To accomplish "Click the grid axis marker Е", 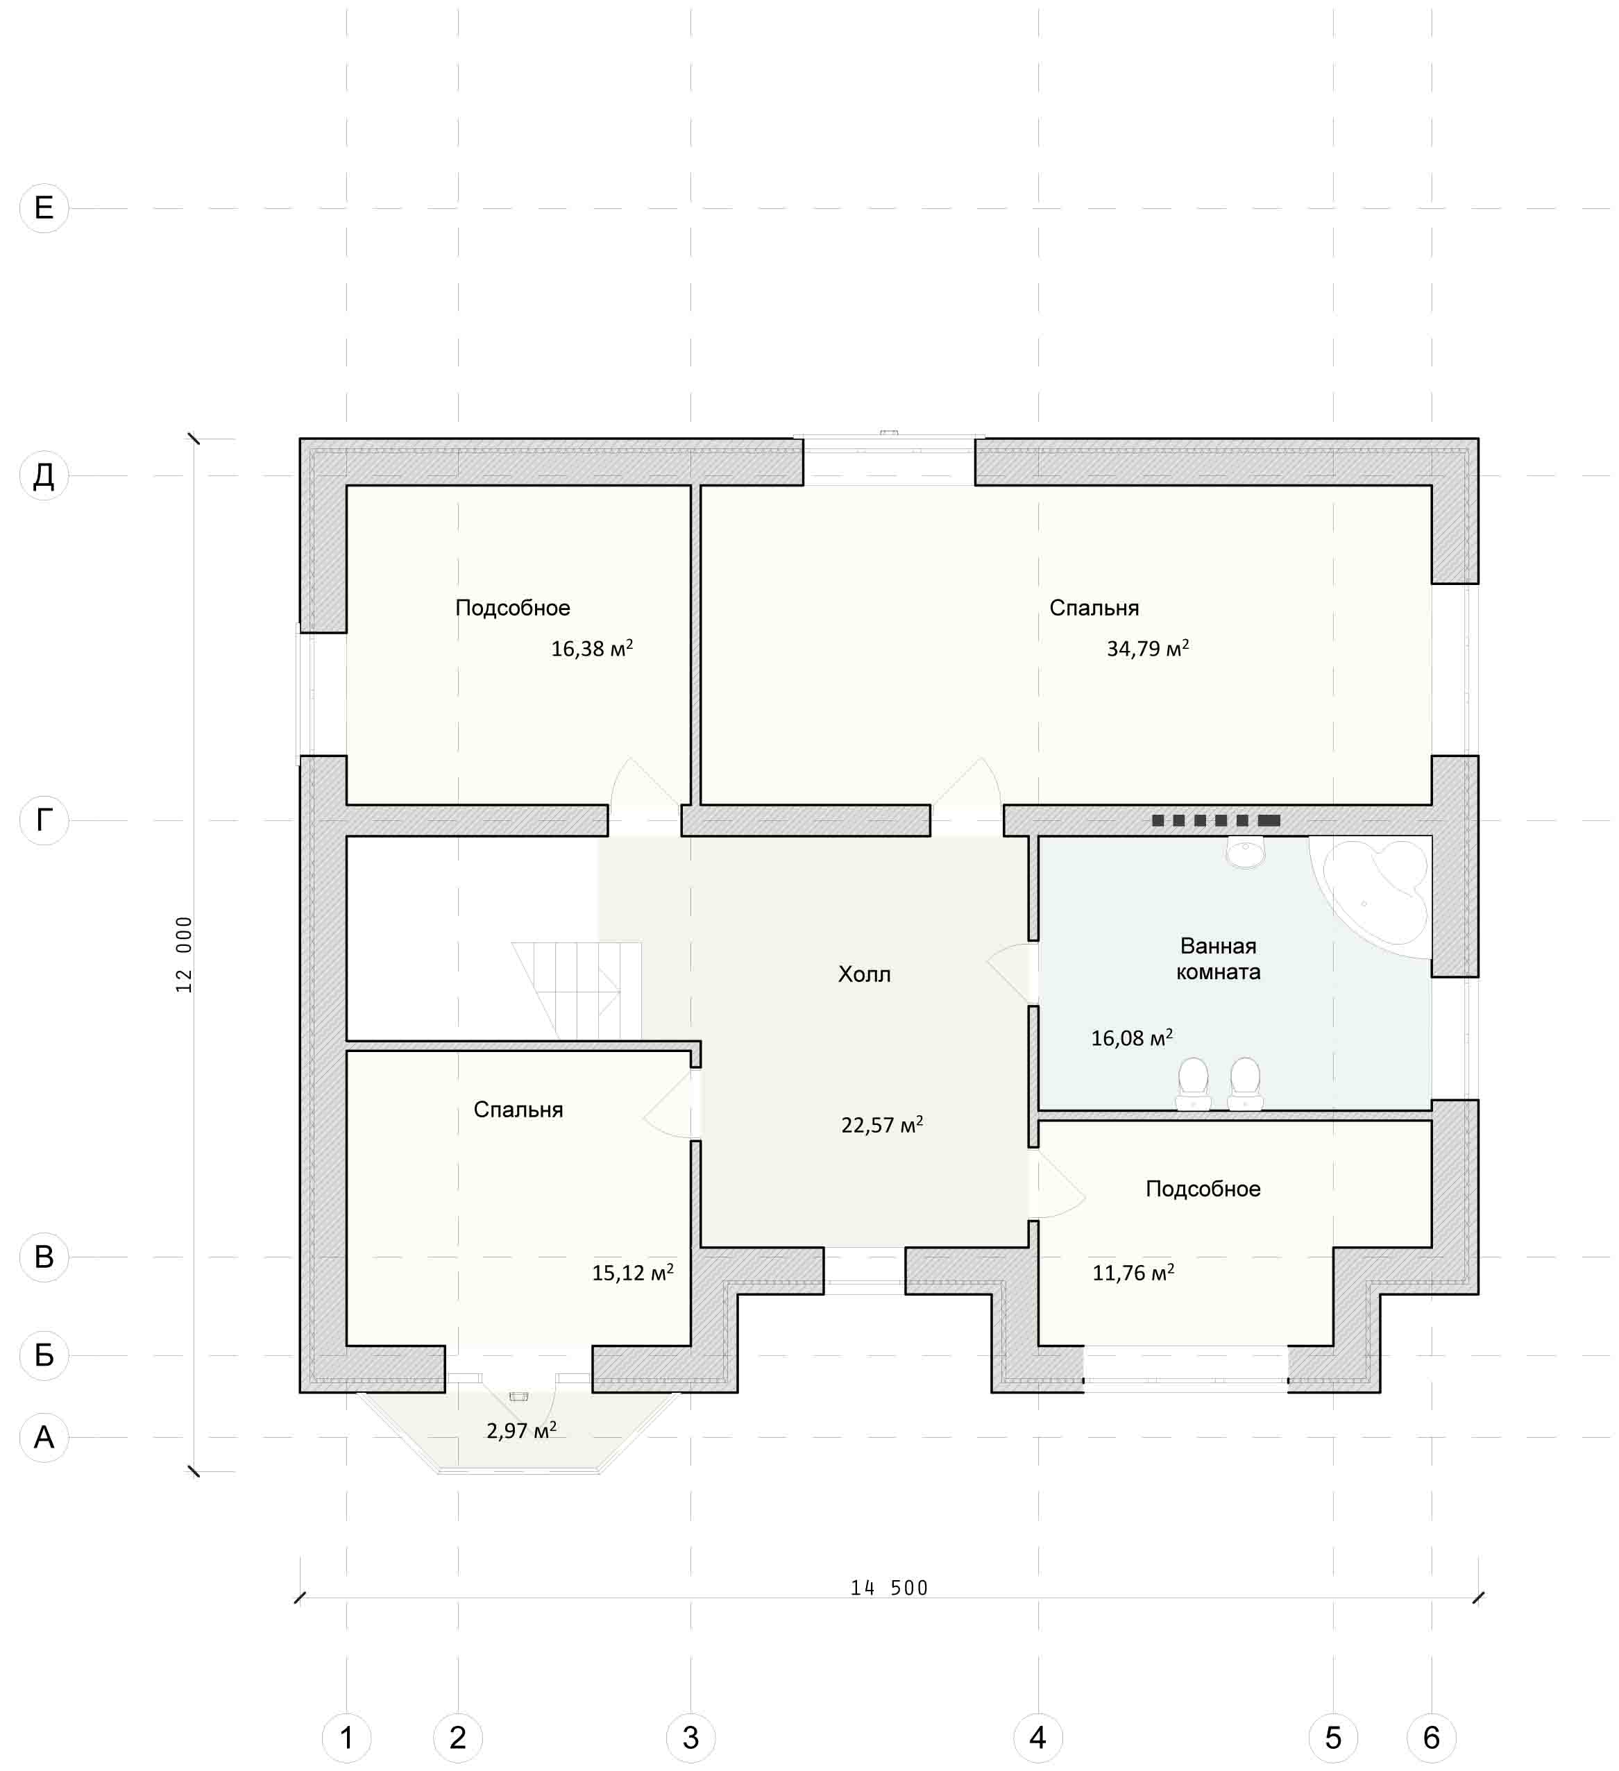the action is (x=44, y=208).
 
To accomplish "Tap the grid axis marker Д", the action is (x=44, y=476).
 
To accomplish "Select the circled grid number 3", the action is (x=690, y=1737).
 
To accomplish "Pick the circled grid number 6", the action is (x=1431, y=1737).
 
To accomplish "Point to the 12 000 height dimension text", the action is (x=184, y=955).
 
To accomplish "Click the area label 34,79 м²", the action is (x=1147, y=648).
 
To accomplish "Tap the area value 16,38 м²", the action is (x=592, y=648).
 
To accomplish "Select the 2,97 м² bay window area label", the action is (x=522, y=1431).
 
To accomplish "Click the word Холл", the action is (x=865, y=974).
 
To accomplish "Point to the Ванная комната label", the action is (x=1219, y=958).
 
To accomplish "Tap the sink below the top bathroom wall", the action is (x=1245, y=853).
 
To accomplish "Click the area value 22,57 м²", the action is (x=882, y=1126).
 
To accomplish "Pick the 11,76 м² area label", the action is (x=1133, y=1273).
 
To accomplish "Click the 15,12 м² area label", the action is (x=632, y=1273).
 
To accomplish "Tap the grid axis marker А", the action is (x=44, y=1437).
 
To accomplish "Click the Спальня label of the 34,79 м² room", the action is (x=1094, y=608).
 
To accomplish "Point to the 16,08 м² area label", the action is (x=1131, y=1038).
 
